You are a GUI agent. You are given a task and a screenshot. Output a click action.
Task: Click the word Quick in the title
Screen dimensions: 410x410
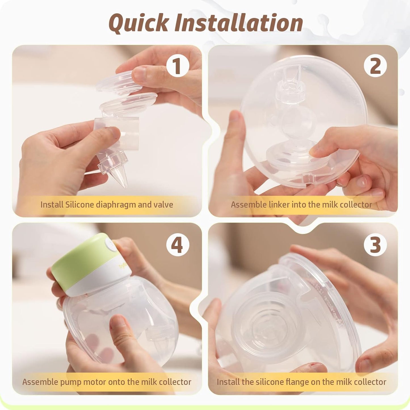pyautogui.click(x=138, y=23)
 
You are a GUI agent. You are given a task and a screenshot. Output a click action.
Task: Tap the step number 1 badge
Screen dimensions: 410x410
pyautogui.click(x=178, y=66)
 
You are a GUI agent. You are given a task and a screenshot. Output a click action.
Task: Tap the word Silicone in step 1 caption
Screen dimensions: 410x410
pyautogui.click(x=79, y=205)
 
